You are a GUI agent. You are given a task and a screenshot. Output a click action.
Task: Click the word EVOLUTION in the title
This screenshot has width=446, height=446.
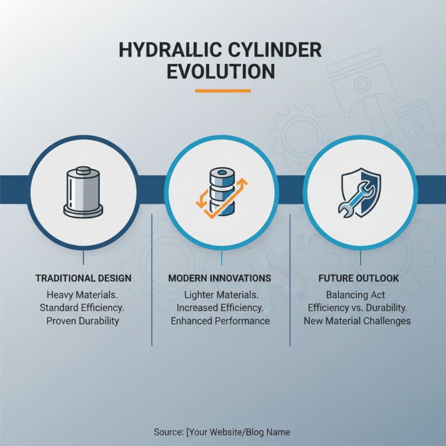coord(222,72)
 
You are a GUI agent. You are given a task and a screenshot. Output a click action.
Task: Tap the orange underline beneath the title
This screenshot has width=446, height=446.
coord(222,91)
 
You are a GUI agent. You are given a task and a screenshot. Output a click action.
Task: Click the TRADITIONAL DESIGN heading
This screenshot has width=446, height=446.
coord(84,278)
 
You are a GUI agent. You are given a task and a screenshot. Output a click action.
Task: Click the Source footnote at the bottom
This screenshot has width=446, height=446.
coord(222,432)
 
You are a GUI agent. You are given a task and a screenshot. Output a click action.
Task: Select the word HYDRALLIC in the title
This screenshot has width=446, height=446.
coord(167,50)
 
